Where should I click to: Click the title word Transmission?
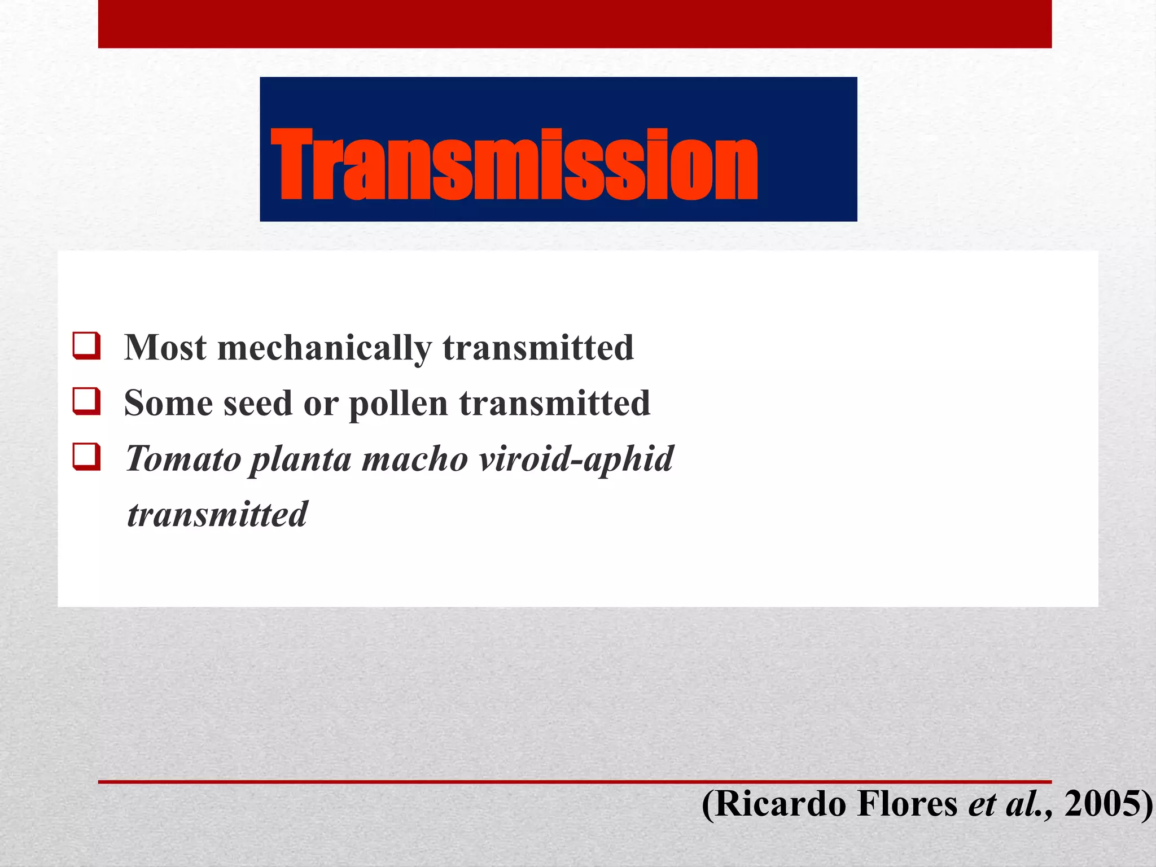pos(514,165)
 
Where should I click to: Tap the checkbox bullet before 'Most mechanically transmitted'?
pos(87,346)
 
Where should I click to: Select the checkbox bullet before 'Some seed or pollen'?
pos(87,401)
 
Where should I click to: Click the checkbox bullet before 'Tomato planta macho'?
pos(87,457)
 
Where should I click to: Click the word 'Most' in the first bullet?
pos(165,347)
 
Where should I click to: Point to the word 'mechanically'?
pos(325,348)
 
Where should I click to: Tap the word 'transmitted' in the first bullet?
pos(538,347)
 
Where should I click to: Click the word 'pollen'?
pos(398,404)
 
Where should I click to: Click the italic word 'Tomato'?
pos(183,458)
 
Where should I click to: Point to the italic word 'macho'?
pos(415,458)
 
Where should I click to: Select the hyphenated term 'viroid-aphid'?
pos(576,458)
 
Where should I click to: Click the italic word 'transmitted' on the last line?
pos(217,514)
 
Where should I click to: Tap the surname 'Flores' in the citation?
pos(907,804)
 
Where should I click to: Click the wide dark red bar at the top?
pos(575,24)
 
